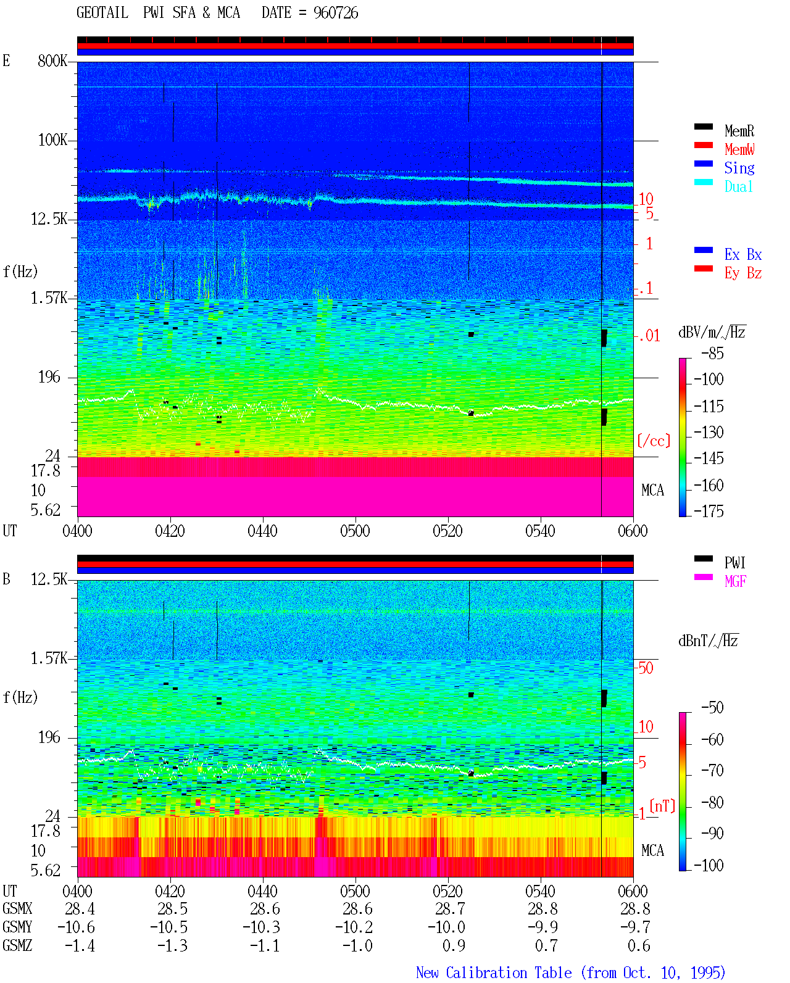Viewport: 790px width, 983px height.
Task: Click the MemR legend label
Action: (739, 131)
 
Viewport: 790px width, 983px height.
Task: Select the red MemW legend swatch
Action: (703, 145)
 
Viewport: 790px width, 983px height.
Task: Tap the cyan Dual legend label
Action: (738, 186)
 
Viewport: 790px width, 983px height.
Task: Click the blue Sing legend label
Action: (739, 168)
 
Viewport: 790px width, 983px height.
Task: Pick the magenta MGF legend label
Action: (735, 581)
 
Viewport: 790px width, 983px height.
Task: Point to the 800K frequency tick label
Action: (52, 60)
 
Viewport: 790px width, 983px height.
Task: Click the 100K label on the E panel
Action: (52, 140)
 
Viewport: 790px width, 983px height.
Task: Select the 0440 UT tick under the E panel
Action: (262, 531)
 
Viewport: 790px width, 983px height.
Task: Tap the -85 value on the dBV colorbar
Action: (712, 353)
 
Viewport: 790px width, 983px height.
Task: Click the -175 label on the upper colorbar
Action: (709, 511)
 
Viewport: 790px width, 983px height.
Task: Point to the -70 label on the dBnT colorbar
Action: (712, 771)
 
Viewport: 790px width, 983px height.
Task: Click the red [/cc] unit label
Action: (654, 441)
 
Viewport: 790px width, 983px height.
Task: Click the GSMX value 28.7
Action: (449, 908)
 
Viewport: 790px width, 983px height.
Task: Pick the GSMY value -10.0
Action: (446, 927)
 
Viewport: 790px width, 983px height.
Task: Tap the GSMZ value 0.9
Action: (454, 945)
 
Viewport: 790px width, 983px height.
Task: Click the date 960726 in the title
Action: (336, 13)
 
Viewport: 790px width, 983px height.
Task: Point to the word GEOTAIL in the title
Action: (102, 13)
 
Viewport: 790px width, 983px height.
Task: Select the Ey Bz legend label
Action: (743, 273)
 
